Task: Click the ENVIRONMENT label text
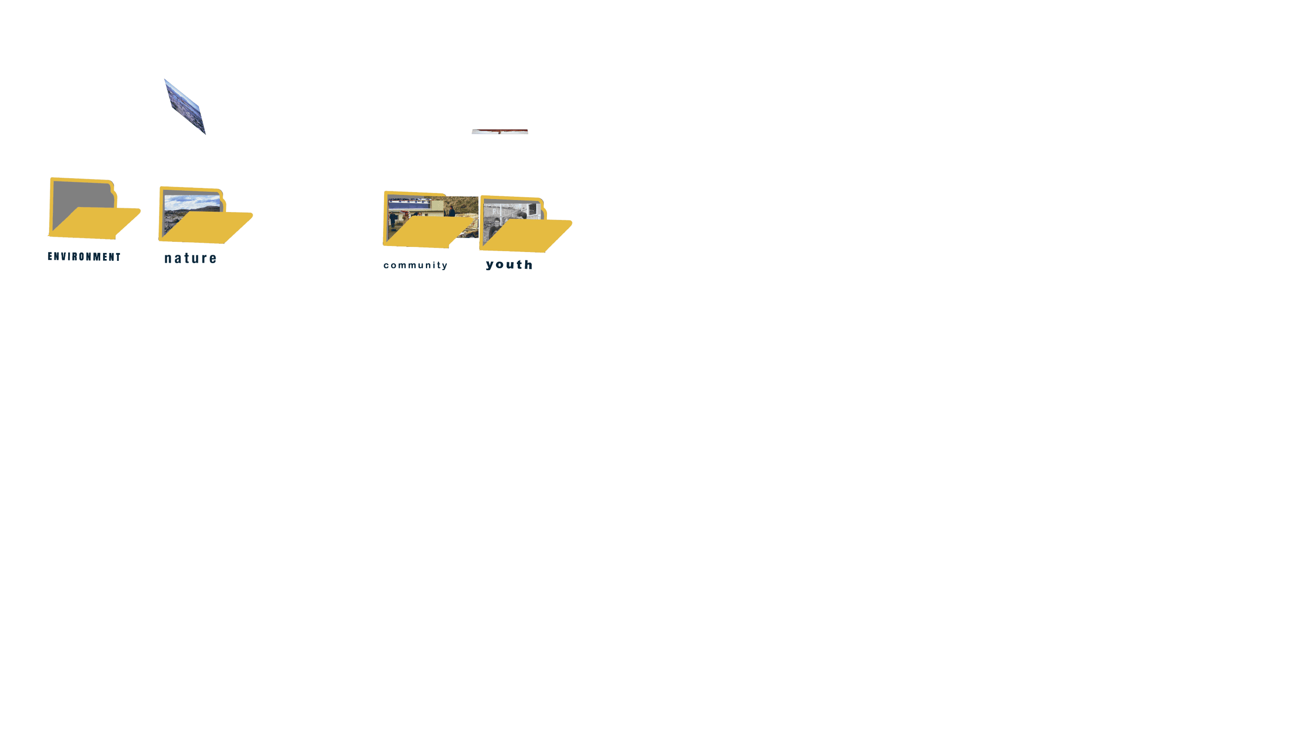click(84, 257)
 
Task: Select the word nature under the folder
click(190, 259)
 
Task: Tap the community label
click(415, 265)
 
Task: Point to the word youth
click(509, 265)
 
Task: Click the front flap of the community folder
click(429, 232)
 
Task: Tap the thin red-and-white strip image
click(500, 132)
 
